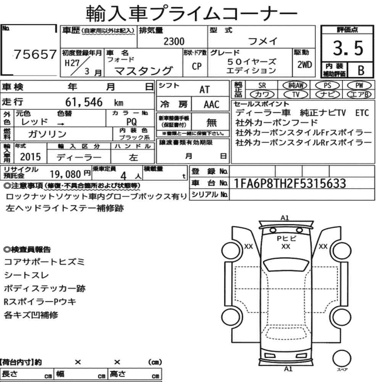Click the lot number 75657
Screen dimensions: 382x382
[x=35, y=54]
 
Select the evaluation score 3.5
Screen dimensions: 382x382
[x=348, y=48]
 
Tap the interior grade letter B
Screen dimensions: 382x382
[x=361, y=70]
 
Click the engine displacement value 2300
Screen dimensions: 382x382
[x=174, y=41]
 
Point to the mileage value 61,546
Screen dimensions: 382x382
[x=84, y=102]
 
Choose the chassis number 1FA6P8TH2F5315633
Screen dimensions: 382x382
[x=290, y=183]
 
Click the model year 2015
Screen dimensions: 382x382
[x=31, y=157]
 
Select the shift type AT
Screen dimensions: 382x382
[x=204, y=89]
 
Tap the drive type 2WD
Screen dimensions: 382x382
[x=304, y=65]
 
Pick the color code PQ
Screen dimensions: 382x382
[x=131, y=121]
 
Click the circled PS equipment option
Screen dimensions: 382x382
[x=327, y=86]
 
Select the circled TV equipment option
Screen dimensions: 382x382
[x=296, y=94]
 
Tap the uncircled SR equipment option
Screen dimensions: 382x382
[x=262, y=86]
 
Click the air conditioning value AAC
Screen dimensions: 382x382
[x=212, y=105]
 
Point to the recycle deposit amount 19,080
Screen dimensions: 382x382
[x=65, y=174]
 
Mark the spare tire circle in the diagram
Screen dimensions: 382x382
[x=342, y=359]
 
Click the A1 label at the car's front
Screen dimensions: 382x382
[x=285, y=218]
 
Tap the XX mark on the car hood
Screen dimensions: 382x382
[x=286, y=246]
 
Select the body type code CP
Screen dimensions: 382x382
[x=197, y=66]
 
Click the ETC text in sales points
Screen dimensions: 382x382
[x=362, y=113]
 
